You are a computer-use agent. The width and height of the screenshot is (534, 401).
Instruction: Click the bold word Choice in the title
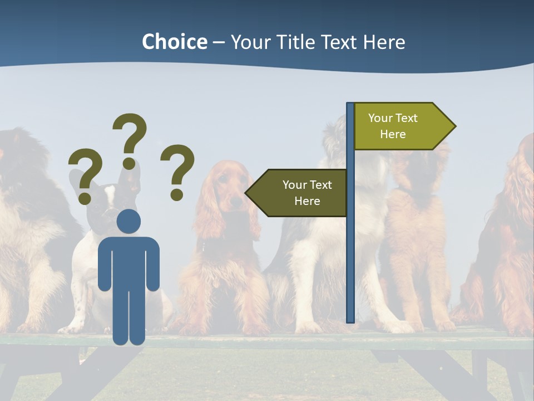(174, 42)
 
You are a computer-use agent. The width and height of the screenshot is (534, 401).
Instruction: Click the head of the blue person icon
(128, 221)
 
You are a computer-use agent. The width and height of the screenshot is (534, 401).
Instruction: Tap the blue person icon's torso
(128, 262)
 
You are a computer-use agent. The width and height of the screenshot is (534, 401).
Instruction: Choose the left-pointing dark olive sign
(300, 193)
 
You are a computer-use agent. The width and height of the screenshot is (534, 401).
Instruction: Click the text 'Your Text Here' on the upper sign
(393, 126)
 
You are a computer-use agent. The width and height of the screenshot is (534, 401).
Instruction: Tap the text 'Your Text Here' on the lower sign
(307, 193)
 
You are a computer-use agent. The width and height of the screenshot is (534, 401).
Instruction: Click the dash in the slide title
(219, 42)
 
